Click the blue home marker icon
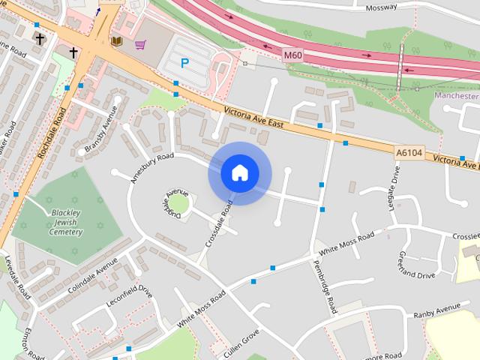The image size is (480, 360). point(240,173)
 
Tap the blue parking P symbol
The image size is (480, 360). point(184,64)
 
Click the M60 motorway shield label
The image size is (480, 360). point(293,55)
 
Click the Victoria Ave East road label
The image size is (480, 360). point(253,119)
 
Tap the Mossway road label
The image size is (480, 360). point(381,7)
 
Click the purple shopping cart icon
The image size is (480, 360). point(139,44)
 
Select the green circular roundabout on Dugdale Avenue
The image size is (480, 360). point(178,203)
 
